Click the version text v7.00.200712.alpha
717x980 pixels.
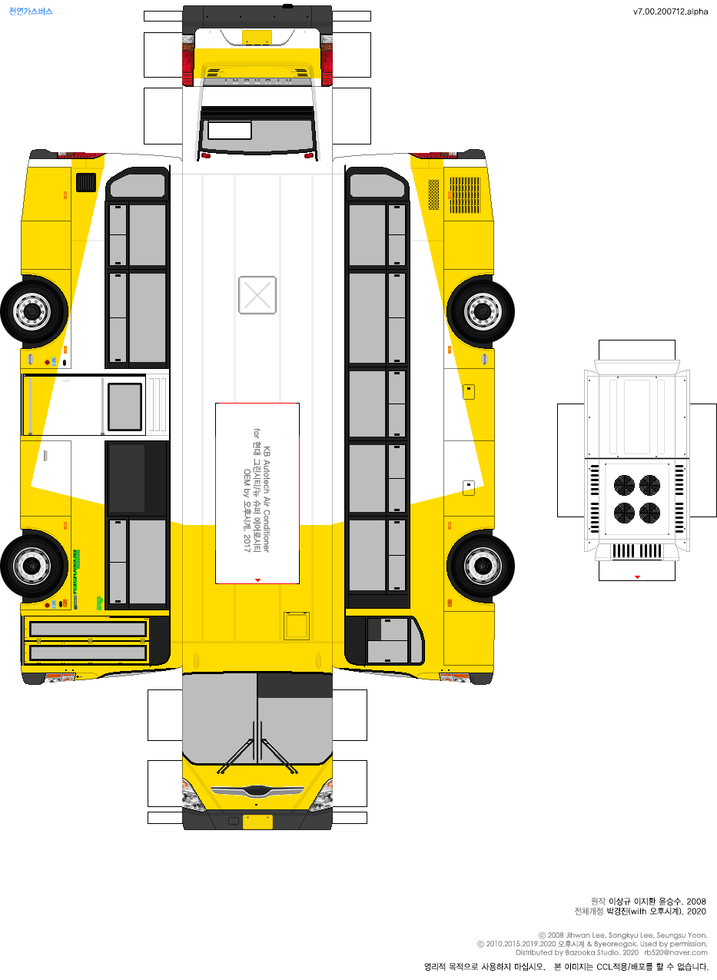670,12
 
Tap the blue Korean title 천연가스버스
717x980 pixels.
31,12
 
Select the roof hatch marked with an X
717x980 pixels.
257,295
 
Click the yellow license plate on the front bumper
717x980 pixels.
257,822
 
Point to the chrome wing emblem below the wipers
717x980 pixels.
257,791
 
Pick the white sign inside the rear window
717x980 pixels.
230,131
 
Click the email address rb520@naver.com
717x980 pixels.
676,952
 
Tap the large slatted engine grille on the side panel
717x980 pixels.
464,195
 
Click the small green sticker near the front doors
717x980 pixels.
100,602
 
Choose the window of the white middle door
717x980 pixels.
124,406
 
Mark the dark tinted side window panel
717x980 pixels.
127,478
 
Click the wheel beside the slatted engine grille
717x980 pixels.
480,311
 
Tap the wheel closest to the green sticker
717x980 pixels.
33,566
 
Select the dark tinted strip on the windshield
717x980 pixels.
294,686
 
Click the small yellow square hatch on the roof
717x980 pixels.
296,626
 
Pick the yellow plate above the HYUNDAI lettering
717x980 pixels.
257,37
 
